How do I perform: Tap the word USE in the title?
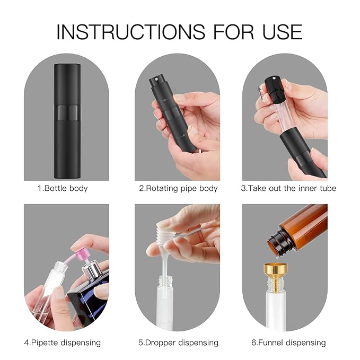279,32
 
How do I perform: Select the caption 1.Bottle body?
63,188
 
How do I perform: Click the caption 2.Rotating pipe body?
178,188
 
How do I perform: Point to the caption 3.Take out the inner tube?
288,188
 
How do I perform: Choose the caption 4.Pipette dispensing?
62,343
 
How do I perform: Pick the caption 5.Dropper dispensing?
178,343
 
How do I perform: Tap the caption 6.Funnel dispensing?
288,343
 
